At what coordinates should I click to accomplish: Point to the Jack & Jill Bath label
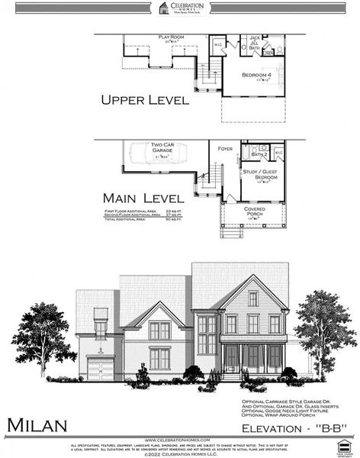pyautogui.click(x=256, y=41)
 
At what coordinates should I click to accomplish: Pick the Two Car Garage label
pyautogui.click(x=162, y=148)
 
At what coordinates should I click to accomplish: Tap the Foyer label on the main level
pyautogui.click(x=225, y=148)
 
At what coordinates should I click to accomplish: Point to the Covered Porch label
pyautogui.click(x=255, y=211)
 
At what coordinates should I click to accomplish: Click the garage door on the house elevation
pyautogui.click(x=99, y=370)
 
